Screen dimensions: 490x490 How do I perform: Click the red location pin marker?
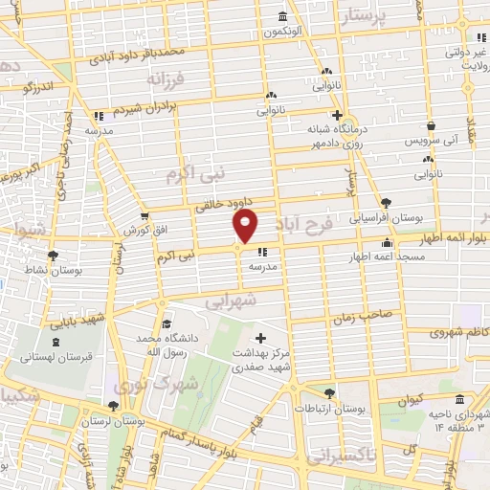(x=246, y=226)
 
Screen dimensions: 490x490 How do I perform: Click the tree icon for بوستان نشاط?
(x=53, y=256)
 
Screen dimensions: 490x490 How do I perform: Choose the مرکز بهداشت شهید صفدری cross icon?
(x=261, y=338)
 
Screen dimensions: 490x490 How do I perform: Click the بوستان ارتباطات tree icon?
(x=330, y=393)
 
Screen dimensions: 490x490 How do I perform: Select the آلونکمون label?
(x=284, y=32)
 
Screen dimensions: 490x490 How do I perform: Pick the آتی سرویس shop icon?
(x=432, y=125)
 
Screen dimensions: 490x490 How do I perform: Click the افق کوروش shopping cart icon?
(x=145, y=216)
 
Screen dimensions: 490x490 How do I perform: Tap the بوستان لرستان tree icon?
(x=114, y=406)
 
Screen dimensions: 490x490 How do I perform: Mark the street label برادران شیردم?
(x=154, y=110)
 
